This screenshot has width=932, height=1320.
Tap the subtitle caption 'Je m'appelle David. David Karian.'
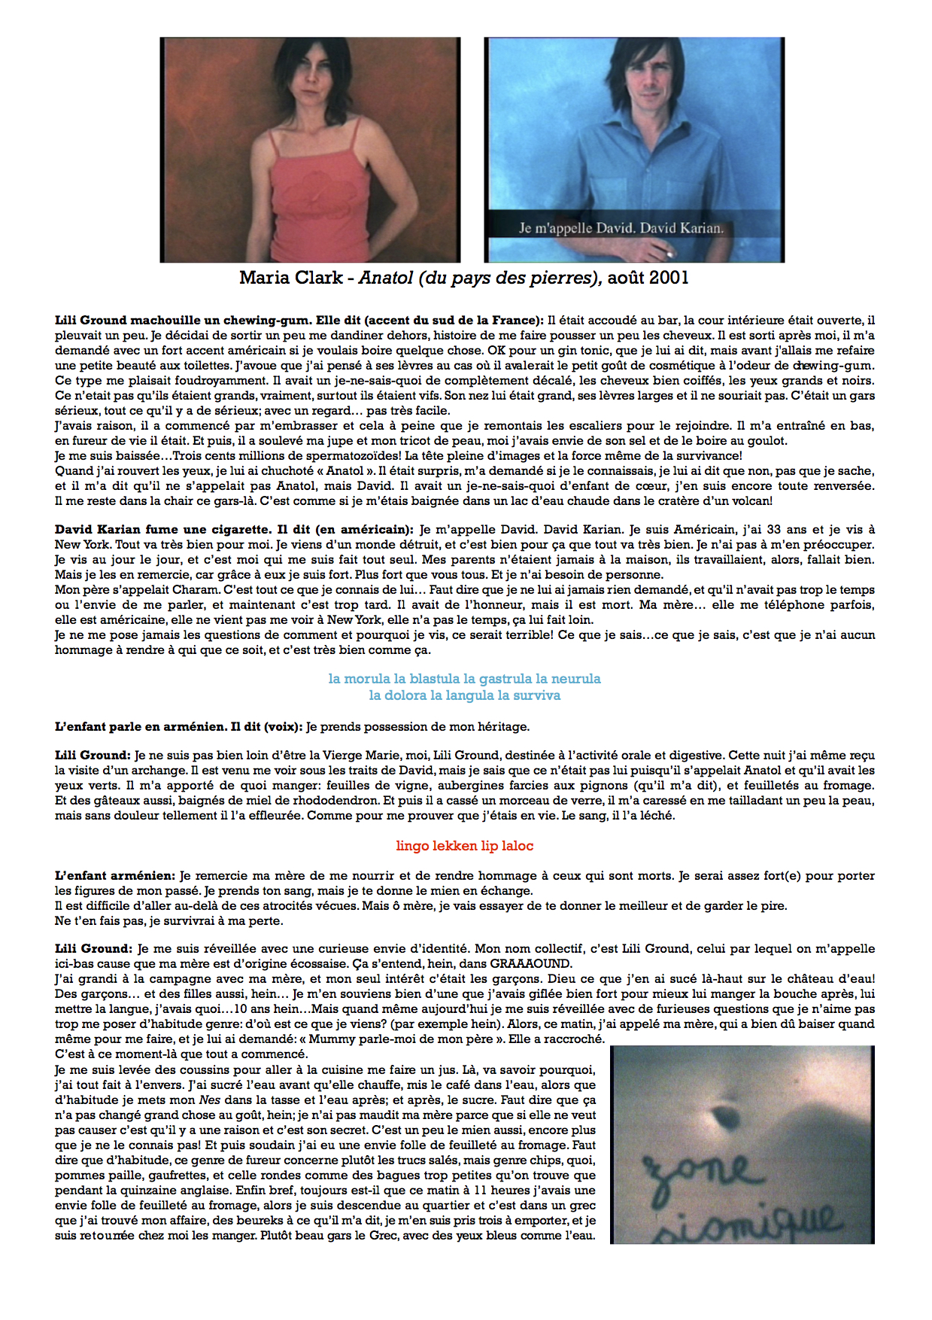click(621, 228)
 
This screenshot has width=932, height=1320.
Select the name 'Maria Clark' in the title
click(292, 278)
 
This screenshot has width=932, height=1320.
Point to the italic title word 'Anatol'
click(385, 278)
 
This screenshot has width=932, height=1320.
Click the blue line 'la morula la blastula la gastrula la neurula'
click(464, 679)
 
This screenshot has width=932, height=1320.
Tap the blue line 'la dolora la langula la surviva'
click(464, 695)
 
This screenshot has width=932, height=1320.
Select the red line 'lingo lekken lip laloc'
click(464, 846)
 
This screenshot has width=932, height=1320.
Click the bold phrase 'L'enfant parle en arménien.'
click(141, 727)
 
